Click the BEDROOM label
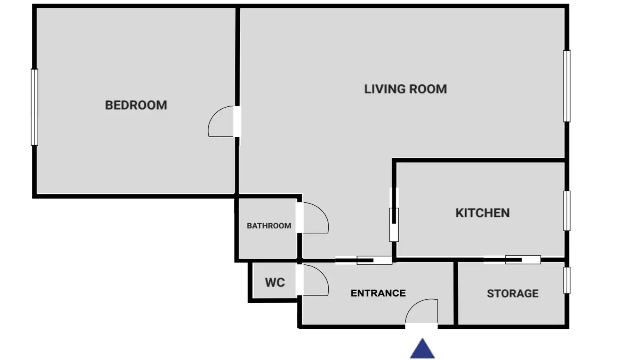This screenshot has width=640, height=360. coord(136,105)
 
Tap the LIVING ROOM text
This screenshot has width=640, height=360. coord(406,89)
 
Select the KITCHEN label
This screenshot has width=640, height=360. coord(482,213)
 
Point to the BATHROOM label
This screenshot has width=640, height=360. coord(269,226)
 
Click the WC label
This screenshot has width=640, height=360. coord(275,282)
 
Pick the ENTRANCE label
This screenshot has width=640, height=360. coord(378,293)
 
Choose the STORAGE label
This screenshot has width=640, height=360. coord(512,294)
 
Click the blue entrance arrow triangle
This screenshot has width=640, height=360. coord(422,348)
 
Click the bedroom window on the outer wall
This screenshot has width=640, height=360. coord(34,107)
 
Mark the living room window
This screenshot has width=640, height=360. coord(567,86)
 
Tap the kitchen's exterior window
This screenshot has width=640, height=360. coord(567,211)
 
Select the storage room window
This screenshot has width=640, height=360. coord(567,280)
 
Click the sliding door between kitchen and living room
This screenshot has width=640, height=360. coord(394,214)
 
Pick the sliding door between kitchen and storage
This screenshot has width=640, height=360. coord(512,260)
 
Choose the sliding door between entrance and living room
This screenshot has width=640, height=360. coord(364,260)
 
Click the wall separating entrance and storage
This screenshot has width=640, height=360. coord(456,294)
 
